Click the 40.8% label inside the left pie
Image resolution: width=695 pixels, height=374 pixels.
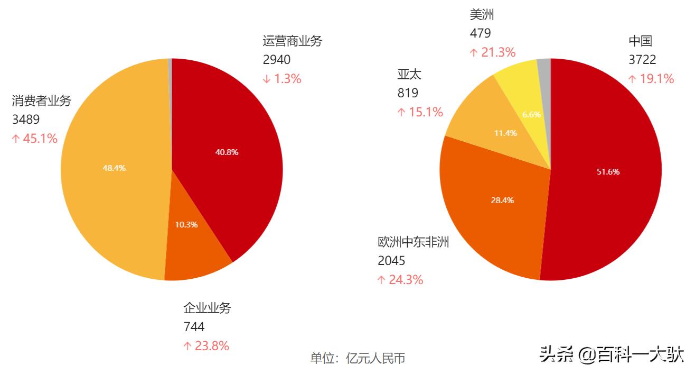coord(227,152)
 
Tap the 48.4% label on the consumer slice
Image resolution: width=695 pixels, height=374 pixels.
coord(114,168)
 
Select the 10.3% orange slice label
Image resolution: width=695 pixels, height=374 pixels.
coord(186,224)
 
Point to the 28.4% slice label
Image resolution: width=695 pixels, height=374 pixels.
coord(502,200)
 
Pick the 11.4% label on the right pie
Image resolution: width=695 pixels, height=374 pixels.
coord(505,133)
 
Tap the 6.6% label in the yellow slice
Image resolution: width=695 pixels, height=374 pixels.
coord(531,114)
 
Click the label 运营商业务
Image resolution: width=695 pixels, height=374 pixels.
coord(292,41)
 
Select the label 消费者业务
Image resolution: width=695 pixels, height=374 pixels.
coord(42,101)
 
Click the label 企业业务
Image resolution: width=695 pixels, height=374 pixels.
coord(207,308)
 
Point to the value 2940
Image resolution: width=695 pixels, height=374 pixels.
coord(277,60)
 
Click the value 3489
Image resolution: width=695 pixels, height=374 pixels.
coord(26,120)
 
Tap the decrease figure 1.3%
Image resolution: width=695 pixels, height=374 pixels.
coord(282,79)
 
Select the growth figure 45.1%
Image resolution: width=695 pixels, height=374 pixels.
coord(35,139)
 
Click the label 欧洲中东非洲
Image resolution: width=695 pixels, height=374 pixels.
coord(413,242)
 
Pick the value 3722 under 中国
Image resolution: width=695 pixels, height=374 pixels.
coord(642,60)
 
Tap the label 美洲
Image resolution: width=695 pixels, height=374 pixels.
coord(482,15)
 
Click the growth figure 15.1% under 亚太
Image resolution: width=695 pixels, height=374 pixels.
coord(420,112)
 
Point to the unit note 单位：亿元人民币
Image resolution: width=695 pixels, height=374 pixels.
coord(358,358)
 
